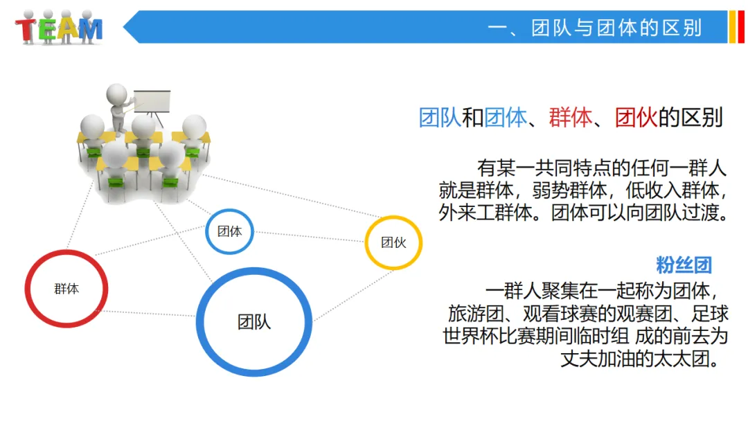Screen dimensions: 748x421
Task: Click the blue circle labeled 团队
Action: coord(254,322)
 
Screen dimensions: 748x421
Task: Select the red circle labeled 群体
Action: coord(66,289)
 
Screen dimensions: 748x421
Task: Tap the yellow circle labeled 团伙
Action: coord(393,242)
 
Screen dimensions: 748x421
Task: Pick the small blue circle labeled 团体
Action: coord(230,231)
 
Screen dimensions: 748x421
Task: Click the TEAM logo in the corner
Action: coord(60,28)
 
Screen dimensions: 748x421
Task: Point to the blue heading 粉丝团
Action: coord(684,265)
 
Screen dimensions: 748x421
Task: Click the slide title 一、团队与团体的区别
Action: coord(594,28)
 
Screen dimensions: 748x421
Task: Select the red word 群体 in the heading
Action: coord(570,118)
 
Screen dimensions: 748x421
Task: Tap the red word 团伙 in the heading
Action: coord(636,118)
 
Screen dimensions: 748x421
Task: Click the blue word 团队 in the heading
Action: coord(440,118)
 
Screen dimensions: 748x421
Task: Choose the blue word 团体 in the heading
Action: coord(505,118)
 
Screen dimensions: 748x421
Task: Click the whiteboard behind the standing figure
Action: coord(152,102)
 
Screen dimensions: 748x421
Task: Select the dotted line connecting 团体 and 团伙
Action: coord(309,236)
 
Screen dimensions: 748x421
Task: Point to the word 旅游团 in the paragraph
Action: coord(471,312)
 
